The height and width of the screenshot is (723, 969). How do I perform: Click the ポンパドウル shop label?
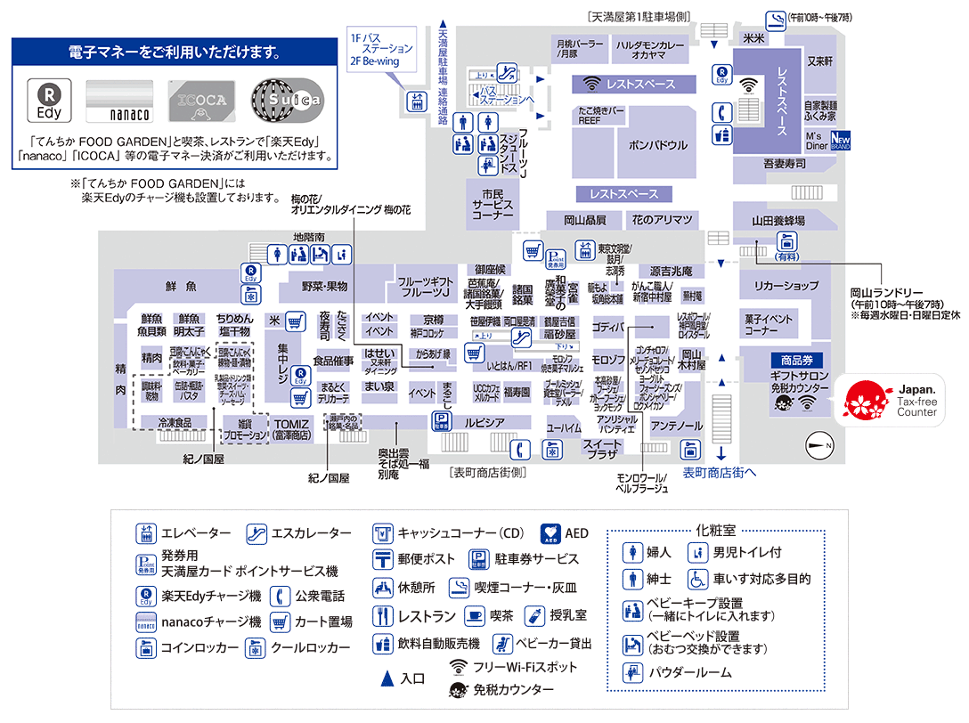point(658,144)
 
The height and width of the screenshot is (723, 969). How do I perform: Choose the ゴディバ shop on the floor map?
point(608,326)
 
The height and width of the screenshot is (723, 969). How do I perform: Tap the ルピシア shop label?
point(484,421)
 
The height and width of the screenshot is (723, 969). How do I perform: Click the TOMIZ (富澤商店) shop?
point(291,429)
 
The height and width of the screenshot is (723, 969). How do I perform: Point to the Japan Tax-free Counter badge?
point(890,400)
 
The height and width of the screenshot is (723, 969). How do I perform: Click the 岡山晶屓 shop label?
point(585,220)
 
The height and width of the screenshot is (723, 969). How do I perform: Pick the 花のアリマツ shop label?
point(662,220)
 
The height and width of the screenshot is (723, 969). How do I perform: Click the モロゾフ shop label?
point(608,360)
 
